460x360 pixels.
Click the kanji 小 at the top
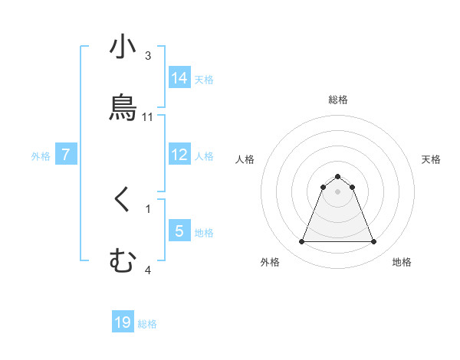(123, 47)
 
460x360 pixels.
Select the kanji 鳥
(123, 107)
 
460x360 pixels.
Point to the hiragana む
(123, 260)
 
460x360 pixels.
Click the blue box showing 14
(179, 78)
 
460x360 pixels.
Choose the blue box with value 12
(179, 155)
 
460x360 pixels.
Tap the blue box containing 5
(179, 231)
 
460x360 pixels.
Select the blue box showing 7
(66, 155)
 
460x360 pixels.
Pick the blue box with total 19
(123, 322)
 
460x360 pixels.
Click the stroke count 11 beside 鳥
(148, 116)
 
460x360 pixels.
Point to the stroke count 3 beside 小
(148, 56)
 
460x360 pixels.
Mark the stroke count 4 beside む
(148, 270)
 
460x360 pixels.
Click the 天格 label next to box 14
(204, 79)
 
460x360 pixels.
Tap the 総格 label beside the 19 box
(147, 324)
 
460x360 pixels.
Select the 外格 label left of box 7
(41, 156)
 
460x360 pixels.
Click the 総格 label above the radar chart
(337, 100)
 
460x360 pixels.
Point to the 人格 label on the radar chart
(245, 159)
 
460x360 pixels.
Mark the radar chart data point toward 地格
(374, 242)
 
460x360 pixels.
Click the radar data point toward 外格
(301, 242)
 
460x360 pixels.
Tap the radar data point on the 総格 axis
(337, 177)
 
